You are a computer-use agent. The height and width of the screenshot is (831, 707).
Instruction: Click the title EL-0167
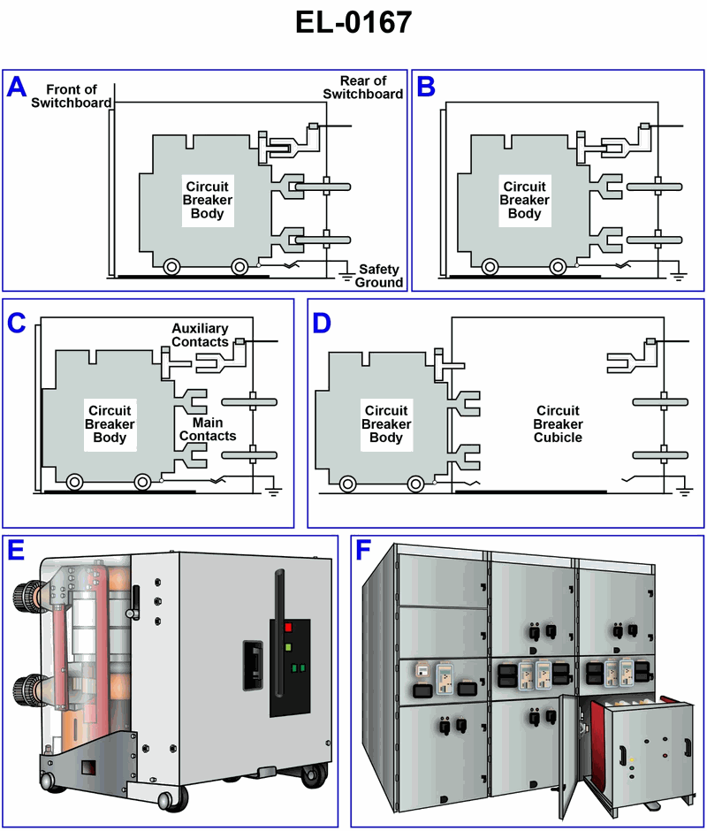[x=353, y=22]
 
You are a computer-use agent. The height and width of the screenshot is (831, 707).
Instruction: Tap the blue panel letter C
[x=18, y=323]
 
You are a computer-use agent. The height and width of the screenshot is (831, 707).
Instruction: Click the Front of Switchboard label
[x=65, y=95]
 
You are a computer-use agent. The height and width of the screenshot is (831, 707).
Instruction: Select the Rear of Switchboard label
[x=362, y=88]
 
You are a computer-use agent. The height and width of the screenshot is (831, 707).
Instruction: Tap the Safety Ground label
[x=379, y=276]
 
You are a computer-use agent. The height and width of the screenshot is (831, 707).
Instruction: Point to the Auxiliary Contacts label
[x=200, y=335]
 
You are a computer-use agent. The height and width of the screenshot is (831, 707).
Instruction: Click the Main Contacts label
[x=208, y=429]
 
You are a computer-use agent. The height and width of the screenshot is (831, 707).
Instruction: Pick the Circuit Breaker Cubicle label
[x=558, y=423]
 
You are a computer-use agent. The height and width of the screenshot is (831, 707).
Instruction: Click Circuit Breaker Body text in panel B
[x=525, y=200]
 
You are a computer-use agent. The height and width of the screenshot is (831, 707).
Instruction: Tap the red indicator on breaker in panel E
[x=287, y=629]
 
